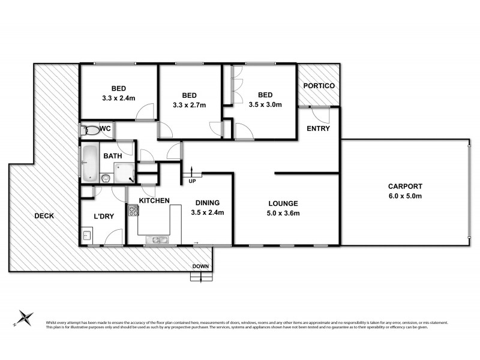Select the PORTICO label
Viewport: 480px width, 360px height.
click(x=318, y=86)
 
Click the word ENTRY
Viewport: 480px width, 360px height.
click(x=318, y=129)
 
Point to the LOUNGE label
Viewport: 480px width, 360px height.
click(x=283, y=203)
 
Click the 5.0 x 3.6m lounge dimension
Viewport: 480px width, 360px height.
click(x=283, y=212)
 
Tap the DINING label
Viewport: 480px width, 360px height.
click(x=206, y=203)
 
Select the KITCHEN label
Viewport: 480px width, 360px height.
click(x=154, y=200)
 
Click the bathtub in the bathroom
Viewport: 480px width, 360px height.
click(x=88, y=163)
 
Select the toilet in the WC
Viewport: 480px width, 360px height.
click(x=91, y=130)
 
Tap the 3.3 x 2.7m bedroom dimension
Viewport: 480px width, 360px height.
click(x=190, y=106)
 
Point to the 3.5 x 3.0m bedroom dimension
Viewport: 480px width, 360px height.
click(x=265, y=104)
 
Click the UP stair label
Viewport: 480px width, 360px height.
click(x=192, y=181)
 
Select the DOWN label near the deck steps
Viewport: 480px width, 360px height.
click(x=200, y=267)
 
